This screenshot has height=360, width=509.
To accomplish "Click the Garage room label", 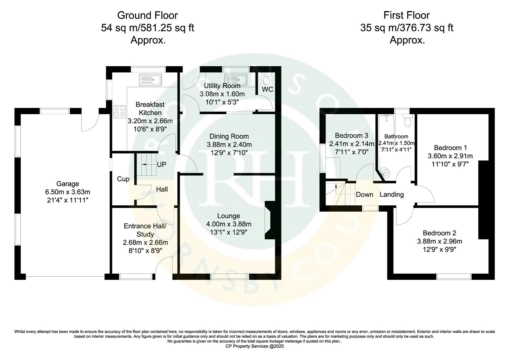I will point(67,184).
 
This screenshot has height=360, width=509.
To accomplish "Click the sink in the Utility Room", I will point(236,79).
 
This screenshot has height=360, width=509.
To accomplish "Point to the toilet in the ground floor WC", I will point(266,79).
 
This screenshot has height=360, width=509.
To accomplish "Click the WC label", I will point(267,89).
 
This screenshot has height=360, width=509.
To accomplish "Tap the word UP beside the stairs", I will point(162,165).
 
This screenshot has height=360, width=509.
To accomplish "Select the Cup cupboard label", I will point(123,179).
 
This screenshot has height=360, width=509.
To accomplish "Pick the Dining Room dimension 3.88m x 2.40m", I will point(229,145).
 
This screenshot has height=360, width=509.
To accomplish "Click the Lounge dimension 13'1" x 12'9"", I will point(229,232).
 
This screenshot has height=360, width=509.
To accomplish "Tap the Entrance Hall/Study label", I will point(145,230).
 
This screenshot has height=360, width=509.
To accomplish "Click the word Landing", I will point(392,195).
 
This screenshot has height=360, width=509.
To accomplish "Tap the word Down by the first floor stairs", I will point(364,195).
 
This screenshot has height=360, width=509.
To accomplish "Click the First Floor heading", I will point(406,15).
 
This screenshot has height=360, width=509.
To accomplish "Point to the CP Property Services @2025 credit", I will point(254,346).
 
